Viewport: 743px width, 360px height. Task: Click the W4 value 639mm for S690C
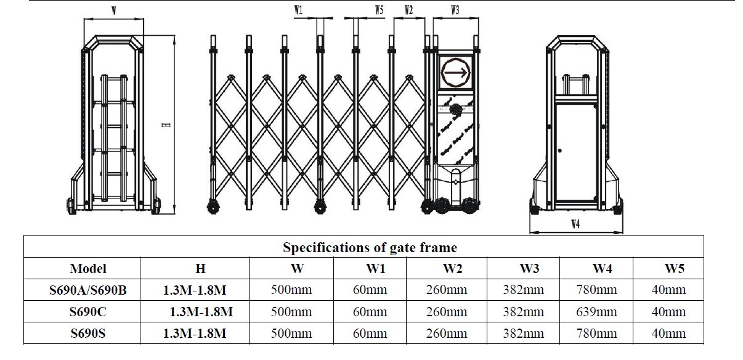[596, 312]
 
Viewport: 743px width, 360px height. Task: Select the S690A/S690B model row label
[88, 290]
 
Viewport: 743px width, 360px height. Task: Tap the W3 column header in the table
[529, 268]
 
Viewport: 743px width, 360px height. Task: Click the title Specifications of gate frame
[370, 247]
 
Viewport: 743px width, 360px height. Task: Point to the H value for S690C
[201, 312]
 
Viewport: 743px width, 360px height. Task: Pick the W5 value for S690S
[668, 333]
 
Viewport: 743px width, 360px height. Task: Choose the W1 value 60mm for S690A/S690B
[370, 290]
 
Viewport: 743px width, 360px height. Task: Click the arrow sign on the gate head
[456, 72]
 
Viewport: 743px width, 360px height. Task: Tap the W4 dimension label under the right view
[575, 224]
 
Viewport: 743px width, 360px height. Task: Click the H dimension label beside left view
[166, 125]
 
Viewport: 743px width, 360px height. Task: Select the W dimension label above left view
[114, 11]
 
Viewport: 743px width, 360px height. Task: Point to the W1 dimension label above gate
[298, 10]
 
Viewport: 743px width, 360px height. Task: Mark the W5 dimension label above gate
[379, 10]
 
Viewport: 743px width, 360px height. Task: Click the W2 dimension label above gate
[408, 10]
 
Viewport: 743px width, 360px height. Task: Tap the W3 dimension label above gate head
[455, 10]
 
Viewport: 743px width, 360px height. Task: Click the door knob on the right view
[560, 150]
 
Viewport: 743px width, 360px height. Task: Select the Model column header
[88, 268]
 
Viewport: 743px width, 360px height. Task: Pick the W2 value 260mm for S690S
[447, 333]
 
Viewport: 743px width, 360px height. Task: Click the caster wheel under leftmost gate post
[213, 207]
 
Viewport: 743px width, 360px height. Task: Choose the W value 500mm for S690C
[291, 312]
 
